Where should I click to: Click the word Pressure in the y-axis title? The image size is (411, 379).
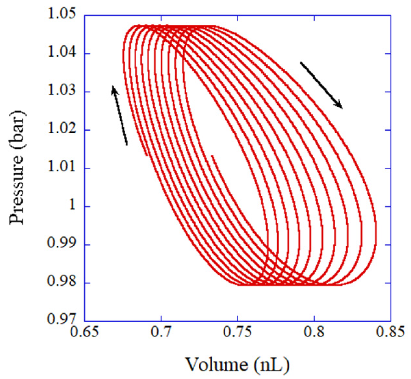coord(17,192)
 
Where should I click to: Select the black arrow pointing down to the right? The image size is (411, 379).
coord(321,85)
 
